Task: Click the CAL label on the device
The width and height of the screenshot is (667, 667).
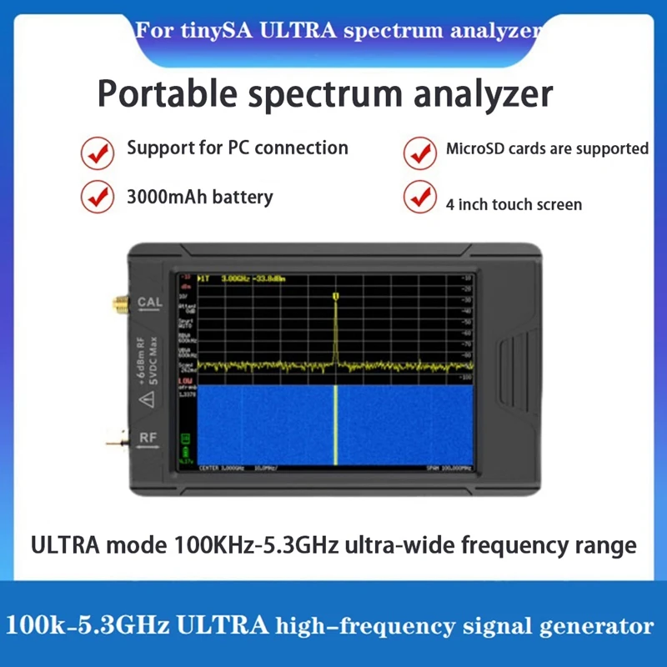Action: (150, 302)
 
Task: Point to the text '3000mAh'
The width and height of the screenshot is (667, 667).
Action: (164, 198)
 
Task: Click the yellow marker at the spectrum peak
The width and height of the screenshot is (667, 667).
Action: (335, 295)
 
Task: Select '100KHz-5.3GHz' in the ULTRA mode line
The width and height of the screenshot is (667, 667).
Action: (240, 546)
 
